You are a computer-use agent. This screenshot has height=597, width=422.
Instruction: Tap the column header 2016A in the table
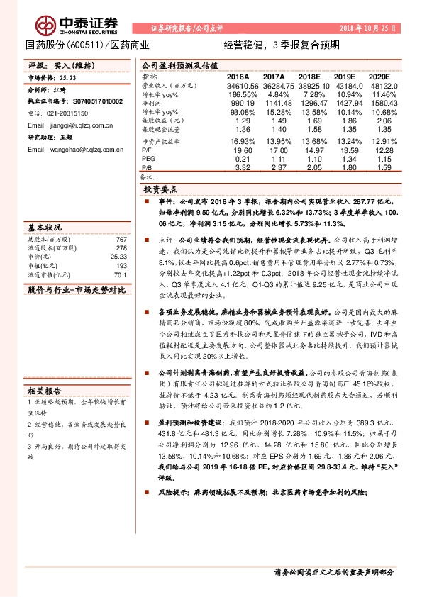click(x=238, y=76)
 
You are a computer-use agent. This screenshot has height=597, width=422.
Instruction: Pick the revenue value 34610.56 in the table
click(x=238, y=84)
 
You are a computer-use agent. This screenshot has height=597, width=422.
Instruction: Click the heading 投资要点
click(x=160, y=191)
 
